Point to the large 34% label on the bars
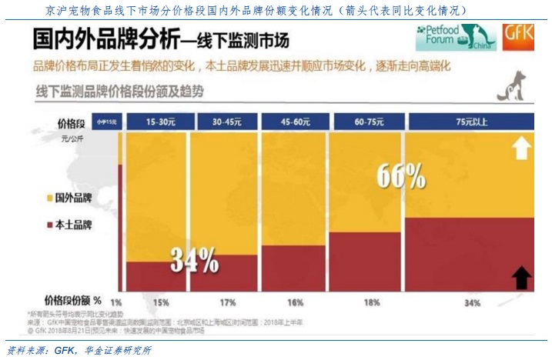pyautogui.click(x=193, y=262)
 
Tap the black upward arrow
pyautogui.click(x=523, y=275)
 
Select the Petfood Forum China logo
pyautogui.click(x=455, y=35)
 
